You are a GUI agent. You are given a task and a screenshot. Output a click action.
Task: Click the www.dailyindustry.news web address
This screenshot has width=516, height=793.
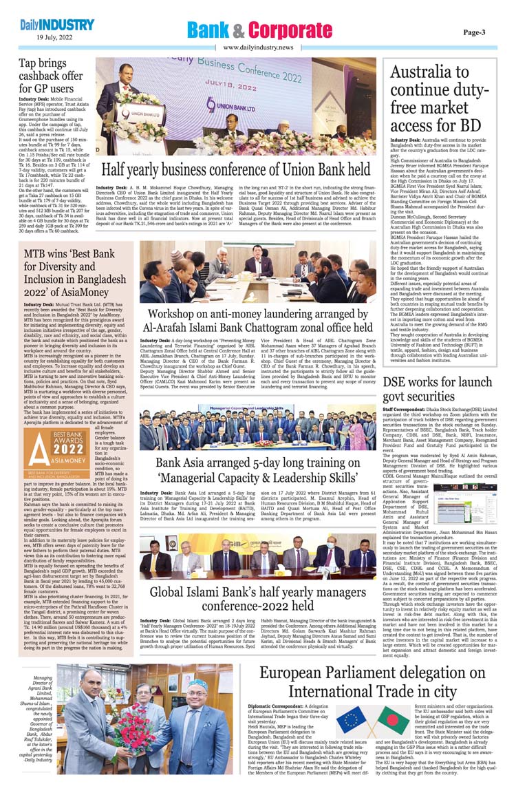(x=258, y=47)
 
